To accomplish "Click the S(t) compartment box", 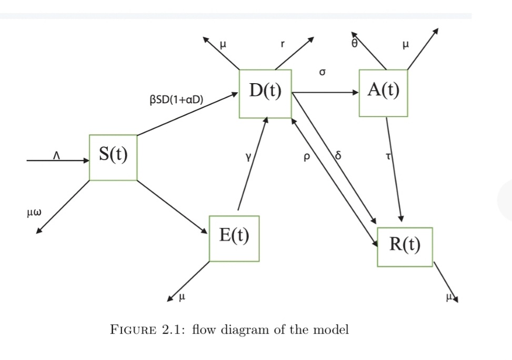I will (113, 157).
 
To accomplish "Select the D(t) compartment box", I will (265, 93).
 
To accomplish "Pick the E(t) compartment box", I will (234, 238).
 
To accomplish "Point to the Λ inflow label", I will (58, 155).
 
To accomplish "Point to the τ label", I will (389, 156).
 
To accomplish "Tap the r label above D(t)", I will (282, 45).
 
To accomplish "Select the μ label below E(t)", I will (182, 297).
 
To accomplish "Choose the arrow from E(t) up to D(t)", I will (253, 164).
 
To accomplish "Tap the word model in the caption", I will (332, 330).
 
